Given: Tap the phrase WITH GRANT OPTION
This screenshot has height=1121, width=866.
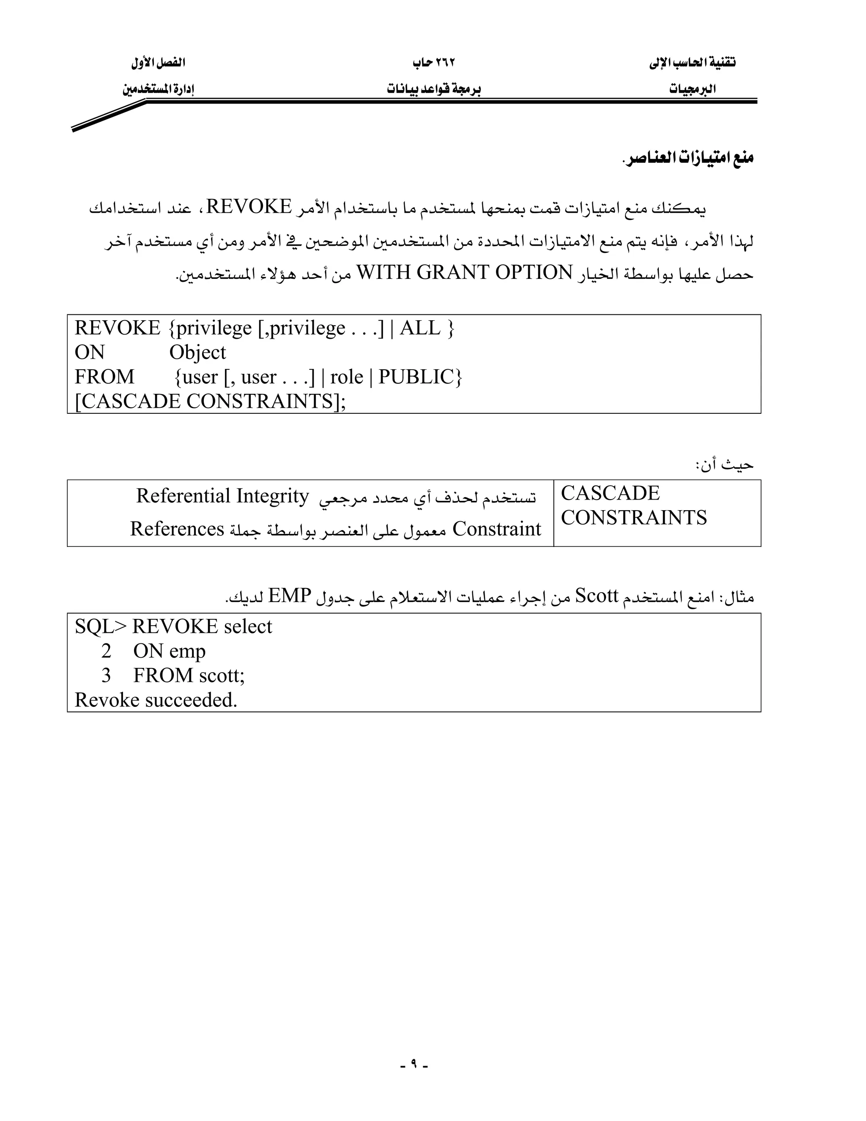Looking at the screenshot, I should coord(464,272).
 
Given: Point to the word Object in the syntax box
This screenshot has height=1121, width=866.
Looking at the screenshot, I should coord(197,353).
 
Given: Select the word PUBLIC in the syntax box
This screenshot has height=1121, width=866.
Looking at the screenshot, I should coord(417,377).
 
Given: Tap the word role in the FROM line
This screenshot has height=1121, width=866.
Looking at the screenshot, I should coord(347,377).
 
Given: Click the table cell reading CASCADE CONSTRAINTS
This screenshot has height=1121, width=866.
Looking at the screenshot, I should coord(634,506).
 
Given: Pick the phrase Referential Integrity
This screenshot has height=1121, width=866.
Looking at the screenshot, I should coord(222,496).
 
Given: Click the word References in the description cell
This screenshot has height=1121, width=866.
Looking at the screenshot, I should coord(177,529).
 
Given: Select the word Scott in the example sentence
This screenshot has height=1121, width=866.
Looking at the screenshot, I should coord(597,596).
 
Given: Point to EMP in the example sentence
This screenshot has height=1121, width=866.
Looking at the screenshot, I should coord(290,596).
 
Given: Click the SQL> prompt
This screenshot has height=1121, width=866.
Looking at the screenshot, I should coord(101,627).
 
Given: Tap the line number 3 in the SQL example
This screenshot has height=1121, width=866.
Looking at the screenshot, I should coord(106,676).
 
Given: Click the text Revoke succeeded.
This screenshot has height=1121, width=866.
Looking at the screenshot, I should coord(156,700).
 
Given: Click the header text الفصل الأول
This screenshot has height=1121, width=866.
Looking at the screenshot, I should coord(158,63).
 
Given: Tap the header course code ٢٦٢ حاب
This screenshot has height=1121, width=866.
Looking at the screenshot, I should coord(434,63).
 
